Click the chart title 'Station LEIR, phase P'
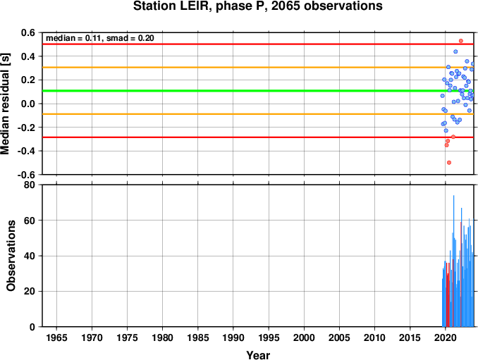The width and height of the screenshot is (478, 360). pos(200,6)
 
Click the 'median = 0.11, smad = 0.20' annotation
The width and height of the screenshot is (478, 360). pos(100,38)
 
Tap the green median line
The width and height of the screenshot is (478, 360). pos(258,91)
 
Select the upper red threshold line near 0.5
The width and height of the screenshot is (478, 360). pos(258,44)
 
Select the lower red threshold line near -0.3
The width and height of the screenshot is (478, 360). pos(258,137)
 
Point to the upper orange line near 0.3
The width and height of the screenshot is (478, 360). pos(258,68)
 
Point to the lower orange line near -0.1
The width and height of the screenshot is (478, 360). pos(258,114)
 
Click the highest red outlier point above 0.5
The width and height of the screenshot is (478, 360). pos(461,41)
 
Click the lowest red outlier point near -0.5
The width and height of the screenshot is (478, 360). pos(449,163)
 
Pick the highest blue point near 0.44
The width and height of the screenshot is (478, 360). pos(455,51)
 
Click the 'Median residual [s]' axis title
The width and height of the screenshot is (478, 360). pos(5,104)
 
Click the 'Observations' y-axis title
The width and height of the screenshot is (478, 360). pos(11,256)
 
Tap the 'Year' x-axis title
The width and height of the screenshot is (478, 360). pos(258,355)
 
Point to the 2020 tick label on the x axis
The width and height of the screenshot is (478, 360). pos(446,337)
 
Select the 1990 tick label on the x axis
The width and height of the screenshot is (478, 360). pos(233,337)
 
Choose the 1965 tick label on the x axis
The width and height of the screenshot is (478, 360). pos(56,337)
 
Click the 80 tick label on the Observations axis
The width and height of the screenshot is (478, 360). pos(30,185)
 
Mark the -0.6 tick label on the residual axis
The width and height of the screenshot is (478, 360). pos(26,175)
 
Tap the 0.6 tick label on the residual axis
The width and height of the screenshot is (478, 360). pos(28,32)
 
